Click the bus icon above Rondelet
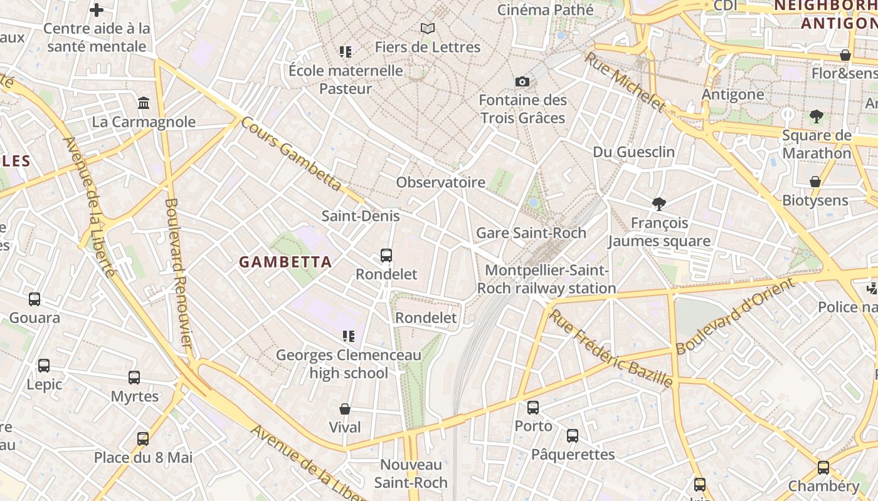(386, 256)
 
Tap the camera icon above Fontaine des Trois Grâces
(522, 82)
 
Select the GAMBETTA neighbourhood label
(285, 262)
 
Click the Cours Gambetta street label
(290, 153)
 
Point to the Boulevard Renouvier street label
(178, 272)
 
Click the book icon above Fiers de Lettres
(428, 29)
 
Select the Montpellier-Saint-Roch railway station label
(546, 279)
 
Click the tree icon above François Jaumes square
(658, 204)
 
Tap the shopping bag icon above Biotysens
(815, 182)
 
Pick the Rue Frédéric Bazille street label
(611, 348)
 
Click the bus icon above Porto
(533, 408)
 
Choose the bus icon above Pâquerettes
(573, 436)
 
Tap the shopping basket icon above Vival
(345, 409)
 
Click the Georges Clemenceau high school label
(349, 364)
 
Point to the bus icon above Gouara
(34, 299)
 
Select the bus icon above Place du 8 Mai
(143, 439)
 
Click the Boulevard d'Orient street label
(735, 316)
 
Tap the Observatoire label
(440, 182)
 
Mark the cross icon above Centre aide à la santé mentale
(97, 10)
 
